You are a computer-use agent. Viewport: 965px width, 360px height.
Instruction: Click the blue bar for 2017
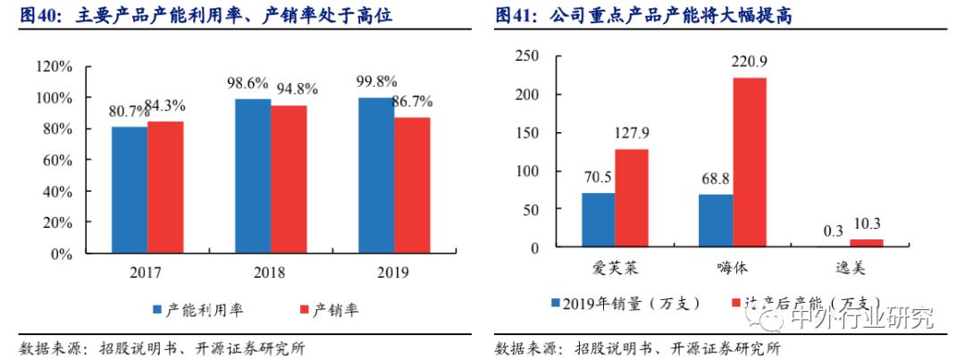(129, 189)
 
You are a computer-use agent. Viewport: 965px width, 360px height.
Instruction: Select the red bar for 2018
(289, 179)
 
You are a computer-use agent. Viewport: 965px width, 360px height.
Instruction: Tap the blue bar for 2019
(374, 175)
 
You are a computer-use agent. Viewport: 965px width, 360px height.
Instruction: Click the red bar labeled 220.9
(751, 162)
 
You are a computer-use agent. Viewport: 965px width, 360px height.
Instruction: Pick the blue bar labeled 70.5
(599, 220)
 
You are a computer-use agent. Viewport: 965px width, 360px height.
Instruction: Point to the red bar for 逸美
(866, 243)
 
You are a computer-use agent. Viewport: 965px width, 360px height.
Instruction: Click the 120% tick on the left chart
(55, 66)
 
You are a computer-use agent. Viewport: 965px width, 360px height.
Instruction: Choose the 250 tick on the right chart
(528, 56)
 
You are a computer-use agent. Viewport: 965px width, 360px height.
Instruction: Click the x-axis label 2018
(271, 272)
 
